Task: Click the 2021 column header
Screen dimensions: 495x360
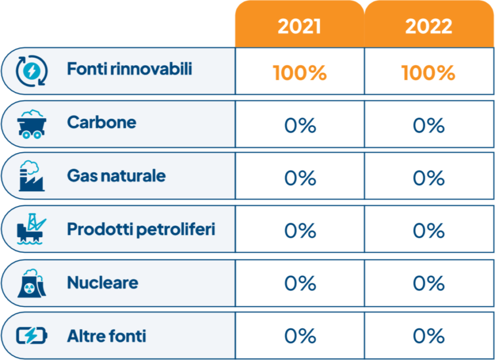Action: click(299, 26)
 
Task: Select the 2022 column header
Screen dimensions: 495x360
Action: click(429, 26)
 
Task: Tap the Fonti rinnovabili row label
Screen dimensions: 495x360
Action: click(130, 68)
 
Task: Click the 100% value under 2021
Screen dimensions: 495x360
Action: click(300, 73)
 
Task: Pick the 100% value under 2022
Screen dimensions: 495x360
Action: click(428, 73)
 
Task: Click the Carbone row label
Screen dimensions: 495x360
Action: click(102, 122)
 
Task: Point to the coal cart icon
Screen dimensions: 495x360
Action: click(31, 124)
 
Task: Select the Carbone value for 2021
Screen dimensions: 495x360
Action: click(300, 125)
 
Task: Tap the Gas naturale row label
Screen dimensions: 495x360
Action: click(116, 176)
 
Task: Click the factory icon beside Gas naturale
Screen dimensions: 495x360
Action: click(31, 176)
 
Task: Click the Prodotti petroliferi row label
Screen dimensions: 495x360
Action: click(141, 229)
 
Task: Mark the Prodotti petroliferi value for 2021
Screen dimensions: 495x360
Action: click(300, 230)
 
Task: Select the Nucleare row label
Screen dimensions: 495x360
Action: click(102, 282)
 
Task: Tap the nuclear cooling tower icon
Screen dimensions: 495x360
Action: click(31, 283)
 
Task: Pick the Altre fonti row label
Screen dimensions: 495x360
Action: click(107, 336)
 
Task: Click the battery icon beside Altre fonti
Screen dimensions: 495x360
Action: click(32, 336)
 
